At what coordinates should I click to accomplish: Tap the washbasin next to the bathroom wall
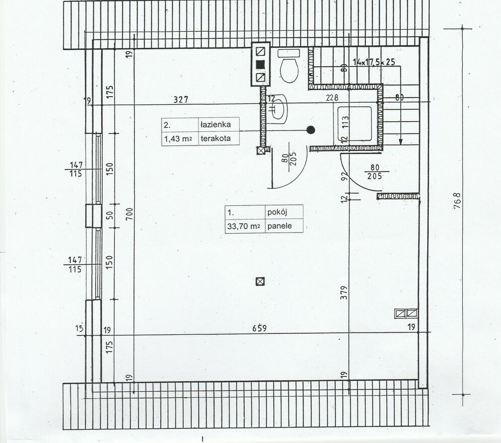click(277, 109)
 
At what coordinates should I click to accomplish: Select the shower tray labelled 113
click(354, 123)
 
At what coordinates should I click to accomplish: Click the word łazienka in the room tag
click(216, 124)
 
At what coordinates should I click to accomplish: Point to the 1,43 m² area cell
click(178, 139)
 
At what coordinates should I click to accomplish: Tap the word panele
click(279, 226)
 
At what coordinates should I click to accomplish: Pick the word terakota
click(216, 139)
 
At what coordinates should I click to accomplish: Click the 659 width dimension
click(259, 328)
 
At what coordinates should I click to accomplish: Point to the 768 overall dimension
click(457, 200)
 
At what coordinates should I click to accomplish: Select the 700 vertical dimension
click(129, 213)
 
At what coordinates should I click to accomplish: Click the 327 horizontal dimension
click(181, 100)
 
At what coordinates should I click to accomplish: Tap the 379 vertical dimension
click(344, 292)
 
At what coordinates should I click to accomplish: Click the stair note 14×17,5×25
click(374, 61)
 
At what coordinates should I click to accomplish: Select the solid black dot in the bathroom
click(311, 130)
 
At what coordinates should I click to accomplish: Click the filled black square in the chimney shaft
click(260, 64)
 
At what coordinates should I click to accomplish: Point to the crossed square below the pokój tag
click(260, 281)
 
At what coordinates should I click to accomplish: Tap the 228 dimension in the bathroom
click(332, 98)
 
